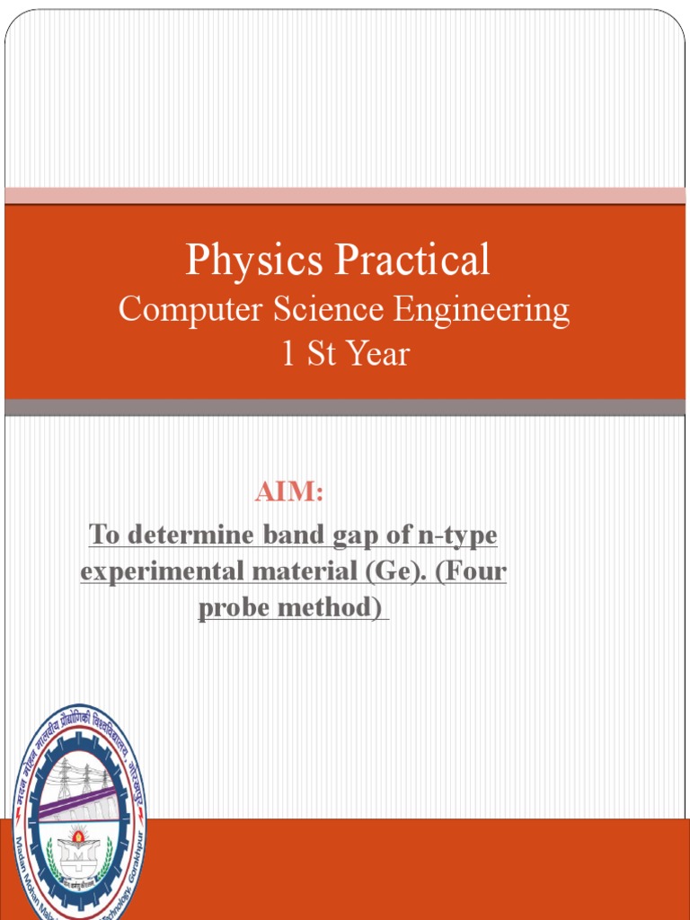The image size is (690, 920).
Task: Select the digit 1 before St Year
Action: coord(288,354)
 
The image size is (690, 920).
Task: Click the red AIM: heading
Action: coord(288,492)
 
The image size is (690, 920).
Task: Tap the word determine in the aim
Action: coord(190,536)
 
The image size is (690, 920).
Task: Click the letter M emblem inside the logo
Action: coord(77,854)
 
